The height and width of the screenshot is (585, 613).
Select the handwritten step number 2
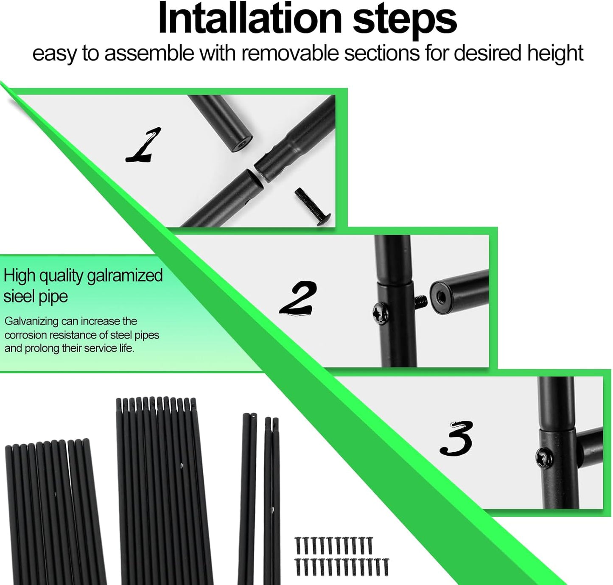click(298, 298)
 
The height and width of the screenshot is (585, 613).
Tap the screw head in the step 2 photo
click(381, 313)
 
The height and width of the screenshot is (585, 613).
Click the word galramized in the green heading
click(125, 276)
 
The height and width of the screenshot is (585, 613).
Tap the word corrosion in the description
click(25, 335)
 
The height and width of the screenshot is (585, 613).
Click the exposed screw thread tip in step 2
click(421, 301)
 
